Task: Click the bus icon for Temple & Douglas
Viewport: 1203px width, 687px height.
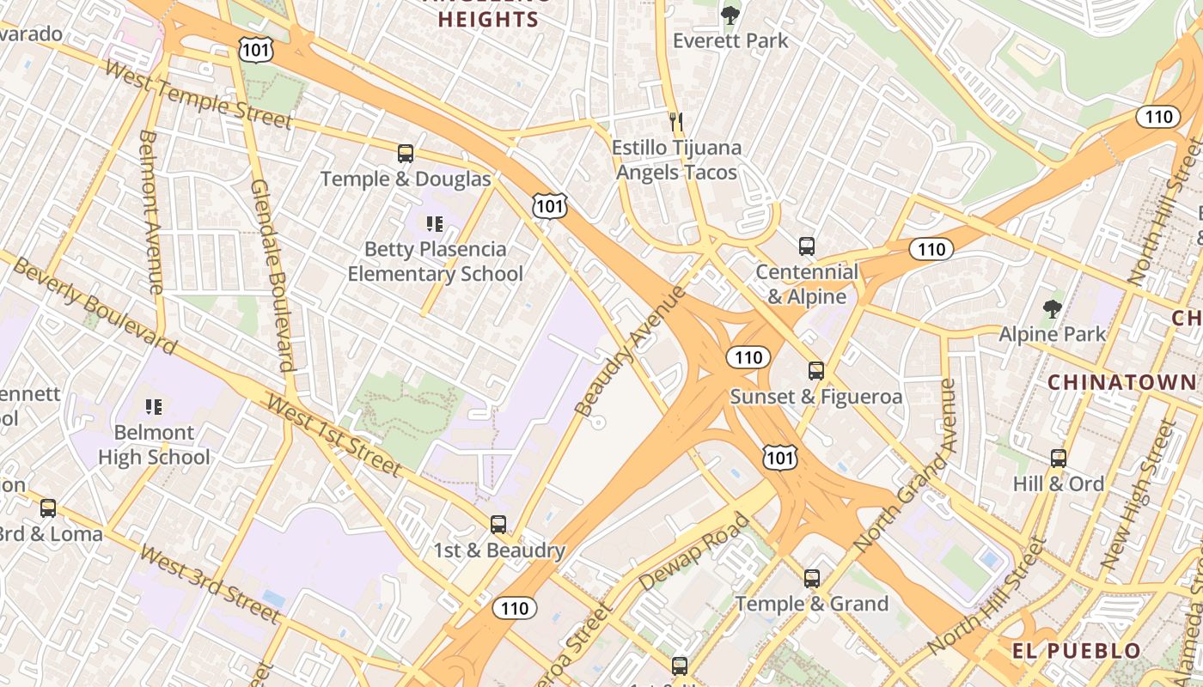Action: (x=406, y=154)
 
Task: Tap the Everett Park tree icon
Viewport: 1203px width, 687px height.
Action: (x=730, y=15)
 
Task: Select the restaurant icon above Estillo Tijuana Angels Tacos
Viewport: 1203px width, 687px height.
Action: (x=676, y=122)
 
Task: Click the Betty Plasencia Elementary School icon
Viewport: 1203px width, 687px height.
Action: (x=435, y=224)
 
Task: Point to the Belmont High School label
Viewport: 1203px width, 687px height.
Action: (x=154, y=444)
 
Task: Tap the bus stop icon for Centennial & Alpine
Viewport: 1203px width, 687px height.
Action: (x=807, y=246)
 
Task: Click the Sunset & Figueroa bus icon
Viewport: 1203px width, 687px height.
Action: (x=816, y=371)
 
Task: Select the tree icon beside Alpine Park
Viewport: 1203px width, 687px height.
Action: (x=1052, y=309)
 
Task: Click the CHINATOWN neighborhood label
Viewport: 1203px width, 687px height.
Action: (x=1121, y=382)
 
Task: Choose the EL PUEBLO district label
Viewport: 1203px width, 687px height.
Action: (x=1076, y=650)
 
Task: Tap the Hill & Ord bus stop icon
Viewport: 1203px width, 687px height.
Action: (x=1059, y=459)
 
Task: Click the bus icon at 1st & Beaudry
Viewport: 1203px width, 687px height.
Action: (x=498, y=525)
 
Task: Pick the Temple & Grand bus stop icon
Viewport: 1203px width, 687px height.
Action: (x=812, y=579)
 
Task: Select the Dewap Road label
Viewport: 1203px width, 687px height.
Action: (x=694, y=552)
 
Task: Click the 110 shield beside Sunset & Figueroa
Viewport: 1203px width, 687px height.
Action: (x=748, y=357)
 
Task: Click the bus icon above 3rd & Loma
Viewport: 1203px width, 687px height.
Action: (x=48, y=508)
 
